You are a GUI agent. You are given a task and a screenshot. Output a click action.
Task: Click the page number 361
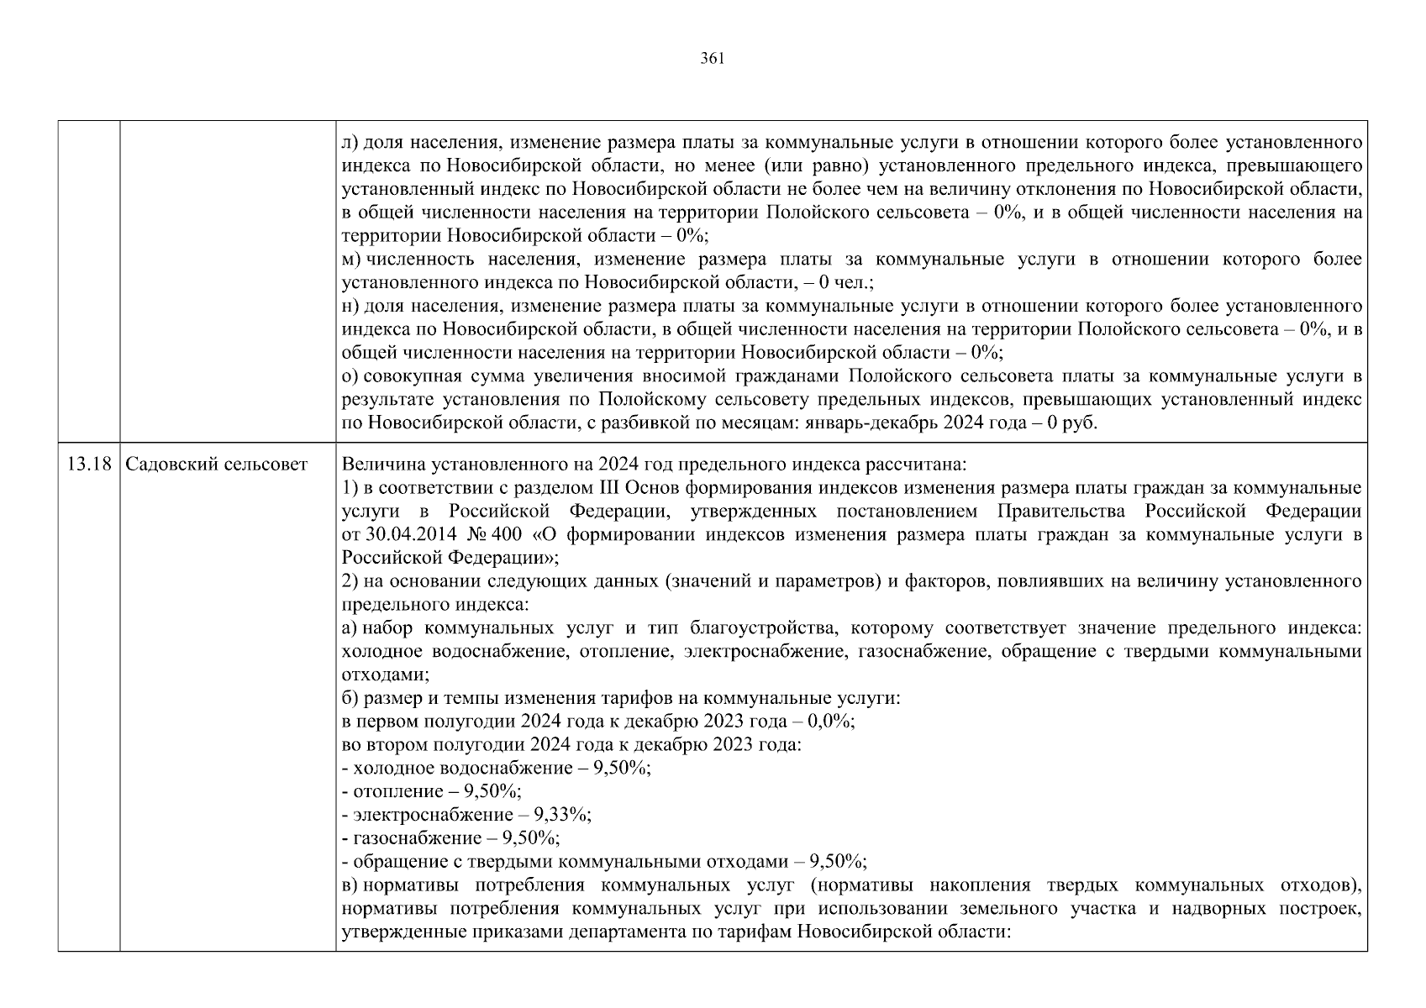coord(712,59)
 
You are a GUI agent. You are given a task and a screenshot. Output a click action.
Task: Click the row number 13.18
coord(89,465)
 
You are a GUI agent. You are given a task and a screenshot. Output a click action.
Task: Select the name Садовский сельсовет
coord(217,465)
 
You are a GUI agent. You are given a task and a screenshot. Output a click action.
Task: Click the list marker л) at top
coord(350,142)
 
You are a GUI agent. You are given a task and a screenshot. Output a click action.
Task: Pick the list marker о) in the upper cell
coord(350,376)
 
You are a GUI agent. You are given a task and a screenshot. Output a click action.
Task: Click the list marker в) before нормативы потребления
coord(350,885)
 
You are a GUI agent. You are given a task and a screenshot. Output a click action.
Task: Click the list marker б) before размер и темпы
coord(350,698)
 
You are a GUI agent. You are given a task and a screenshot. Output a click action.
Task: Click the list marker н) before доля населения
coord(350,306)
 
